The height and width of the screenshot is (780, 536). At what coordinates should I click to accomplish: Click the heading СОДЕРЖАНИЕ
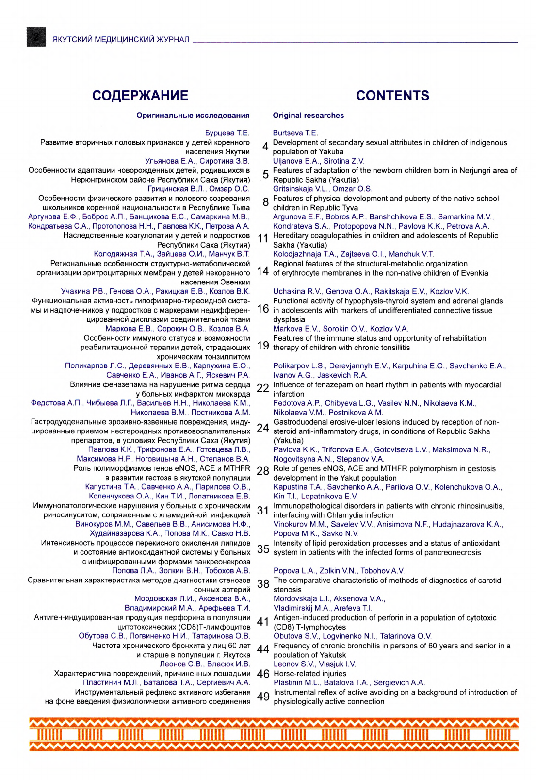coord(140,96)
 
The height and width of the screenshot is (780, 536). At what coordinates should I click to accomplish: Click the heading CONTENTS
coord(392,96)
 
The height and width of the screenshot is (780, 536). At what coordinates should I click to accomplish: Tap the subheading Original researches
coord(308,116)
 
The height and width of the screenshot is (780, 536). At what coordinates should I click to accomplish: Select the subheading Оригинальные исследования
coord(193,116)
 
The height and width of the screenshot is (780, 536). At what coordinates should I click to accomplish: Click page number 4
coord(265,147)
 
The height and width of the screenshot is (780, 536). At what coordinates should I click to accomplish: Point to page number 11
coord(263,239)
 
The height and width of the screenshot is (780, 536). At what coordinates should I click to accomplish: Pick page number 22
coord(263,388)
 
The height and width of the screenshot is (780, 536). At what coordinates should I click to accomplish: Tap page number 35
coord(263,549)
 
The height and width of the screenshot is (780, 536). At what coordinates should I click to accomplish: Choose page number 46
coord(263,674)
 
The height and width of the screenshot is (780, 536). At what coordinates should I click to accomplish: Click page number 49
coord(263,697)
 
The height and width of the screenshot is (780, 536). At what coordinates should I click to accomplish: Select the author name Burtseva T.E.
coord(295,133)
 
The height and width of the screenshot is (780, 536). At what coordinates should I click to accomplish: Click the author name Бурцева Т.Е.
coord(227,133)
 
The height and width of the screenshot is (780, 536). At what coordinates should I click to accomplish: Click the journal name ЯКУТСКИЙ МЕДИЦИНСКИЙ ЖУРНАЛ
coord(121,39)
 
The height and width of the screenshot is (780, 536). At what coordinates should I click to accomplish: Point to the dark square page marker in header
coord(36,37)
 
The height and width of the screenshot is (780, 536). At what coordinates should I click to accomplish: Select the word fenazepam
coord(353,385)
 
